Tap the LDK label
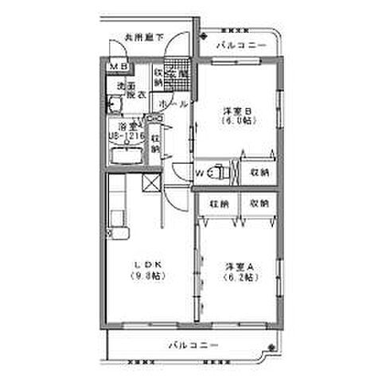(x=147, y=266)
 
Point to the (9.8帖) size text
(x=147, y=277)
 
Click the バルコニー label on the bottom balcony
(x=190, y=345)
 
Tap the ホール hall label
(x=173, y=105)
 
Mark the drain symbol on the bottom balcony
(x=272, y=347)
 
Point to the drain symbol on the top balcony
(x=203, y=36)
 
